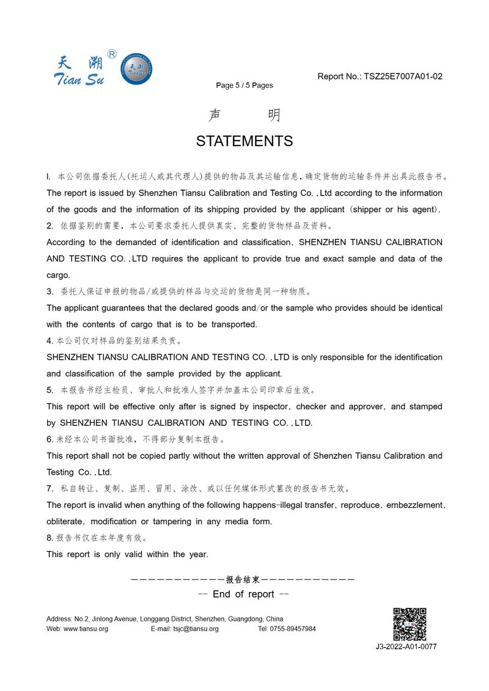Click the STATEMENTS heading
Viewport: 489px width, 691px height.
click(244, 141)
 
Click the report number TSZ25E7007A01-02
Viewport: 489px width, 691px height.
click(403, 76)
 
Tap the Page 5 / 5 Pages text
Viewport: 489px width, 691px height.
click(244, 86)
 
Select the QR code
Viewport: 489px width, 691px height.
click(409, 624)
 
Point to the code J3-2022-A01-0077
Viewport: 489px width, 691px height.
click(406, 646)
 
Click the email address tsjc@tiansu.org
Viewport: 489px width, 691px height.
click(196, 629)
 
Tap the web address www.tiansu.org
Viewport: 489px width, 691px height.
click(86, 629)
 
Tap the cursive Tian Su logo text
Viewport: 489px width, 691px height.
click(79, 78)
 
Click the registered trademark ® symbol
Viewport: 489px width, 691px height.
click(112, 54)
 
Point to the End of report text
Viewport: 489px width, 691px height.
click(243, 594)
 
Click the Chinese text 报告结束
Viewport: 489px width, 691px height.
click(243, 579)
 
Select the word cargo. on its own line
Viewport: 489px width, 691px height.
click(58, 275)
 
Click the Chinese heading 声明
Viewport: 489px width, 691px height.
click(244, 115)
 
